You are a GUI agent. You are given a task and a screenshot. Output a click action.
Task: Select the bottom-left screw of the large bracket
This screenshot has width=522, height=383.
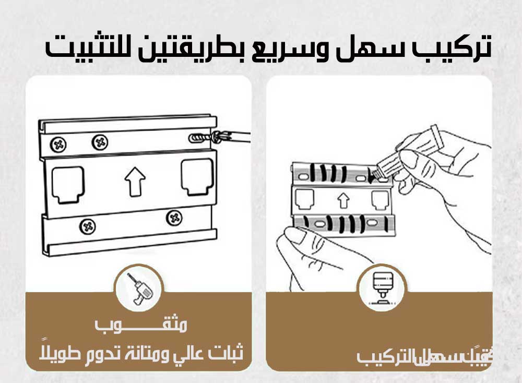[87, 225]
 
